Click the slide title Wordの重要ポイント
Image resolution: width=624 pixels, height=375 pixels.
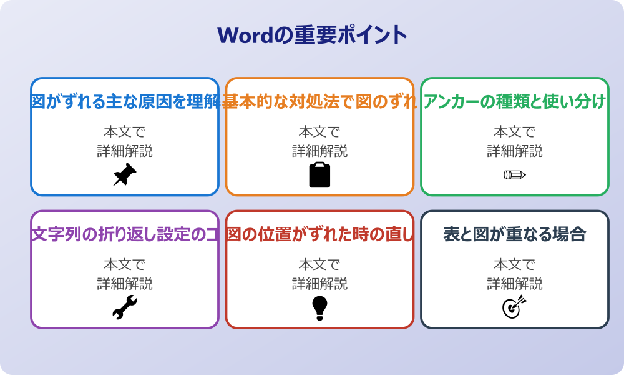click(312, 34)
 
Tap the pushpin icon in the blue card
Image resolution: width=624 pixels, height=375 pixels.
click(124, 175)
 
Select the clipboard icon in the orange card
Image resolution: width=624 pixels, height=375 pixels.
click(319, 175)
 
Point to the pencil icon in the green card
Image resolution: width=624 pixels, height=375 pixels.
click(515, 174)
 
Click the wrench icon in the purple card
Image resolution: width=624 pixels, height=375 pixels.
click(124, 307)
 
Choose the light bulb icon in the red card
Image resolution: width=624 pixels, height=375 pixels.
click(319, 307)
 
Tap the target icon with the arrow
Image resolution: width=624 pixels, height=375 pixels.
click(515, 307)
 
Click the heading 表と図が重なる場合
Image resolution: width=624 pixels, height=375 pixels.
click(515, 234)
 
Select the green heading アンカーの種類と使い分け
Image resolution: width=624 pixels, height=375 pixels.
click(515, 102)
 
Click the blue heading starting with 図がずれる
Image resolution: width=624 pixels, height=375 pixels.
click(125, 102)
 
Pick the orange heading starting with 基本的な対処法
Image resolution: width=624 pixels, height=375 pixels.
click(319, 102)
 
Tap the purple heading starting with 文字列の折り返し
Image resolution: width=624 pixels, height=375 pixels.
click(125, 234)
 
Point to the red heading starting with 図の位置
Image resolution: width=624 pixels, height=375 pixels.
click(319, 234)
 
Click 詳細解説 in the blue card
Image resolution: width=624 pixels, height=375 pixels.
click(124, 151)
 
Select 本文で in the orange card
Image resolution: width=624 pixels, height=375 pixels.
click(319, 132)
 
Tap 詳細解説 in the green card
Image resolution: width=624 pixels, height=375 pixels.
click(515, 151)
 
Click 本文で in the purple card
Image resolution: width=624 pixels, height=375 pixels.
click(124, 264)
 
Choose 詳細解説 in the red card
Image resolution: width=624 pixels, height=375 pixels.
click(319, 284)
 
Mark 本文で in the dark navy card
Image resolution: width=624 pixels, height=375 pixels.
click(515, 264)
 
